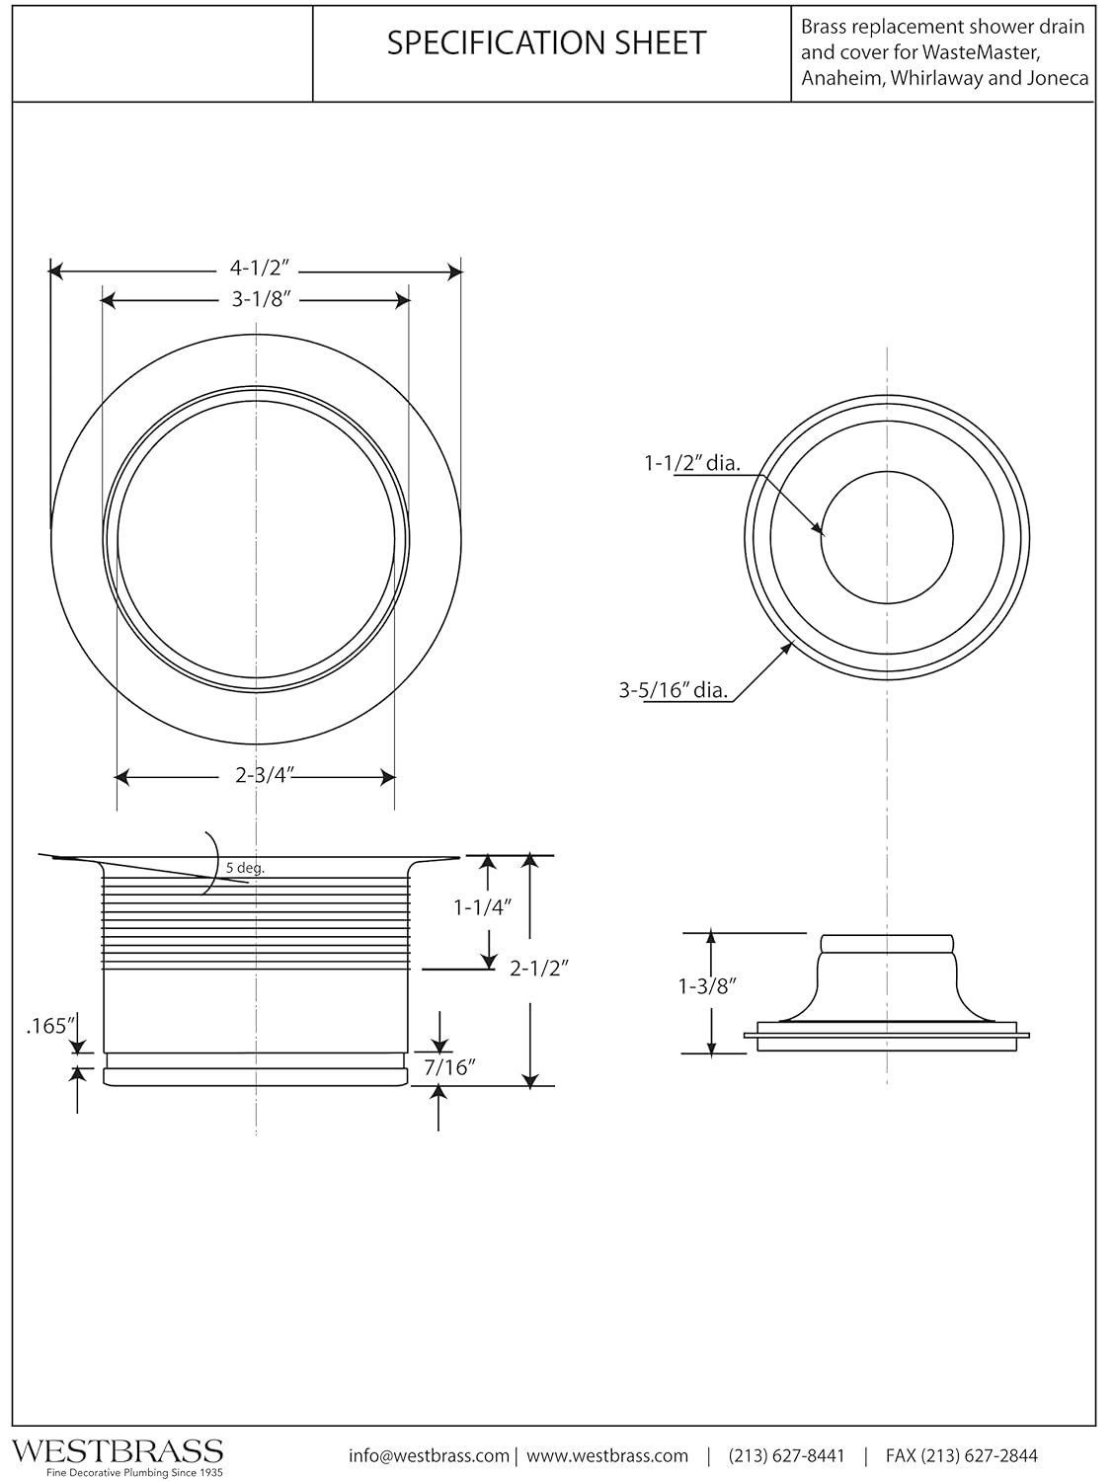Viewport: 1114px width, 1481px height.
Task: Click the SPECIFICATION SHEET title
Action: (546, 42)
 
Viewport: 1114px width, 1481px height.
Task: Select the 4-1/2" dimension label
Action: (258, 269)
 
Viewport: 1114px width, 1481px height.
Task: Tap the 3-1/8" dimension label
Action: (258, 299)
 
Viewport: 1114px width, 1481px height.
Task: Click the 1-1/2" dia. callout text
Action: (691, 463)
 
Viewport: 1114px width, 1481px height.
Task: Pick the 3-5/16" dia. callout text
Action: (674, 690)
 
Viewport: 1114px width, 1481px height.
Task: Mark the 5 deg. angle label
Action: (245, 869)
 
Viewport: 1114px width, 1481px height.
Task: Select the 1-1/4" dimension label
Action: (483, 906)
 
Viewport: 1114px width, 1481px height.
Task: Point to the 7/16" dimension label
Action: (450, 1067)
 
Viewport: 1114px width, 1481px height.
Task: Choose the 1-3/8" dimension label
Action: (708, 986)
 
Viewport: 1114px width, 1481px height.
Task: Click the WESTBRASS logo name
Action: (117, 1450)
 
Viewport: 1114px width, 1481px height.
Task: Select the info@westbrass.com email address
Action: (429, 1455)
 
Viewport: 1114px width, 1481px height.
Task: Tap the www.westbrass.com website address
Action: (606, 1455)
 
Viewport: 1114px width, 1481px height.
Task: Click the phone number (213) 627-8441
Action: (787, 1455)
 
